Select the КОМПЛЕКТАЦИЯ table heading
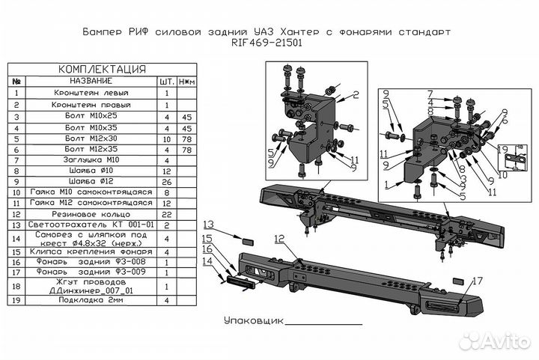click(102, 69)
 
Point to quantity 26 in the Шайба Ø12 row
click(165, 181)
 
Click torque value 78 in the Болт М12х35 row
click(186, 150)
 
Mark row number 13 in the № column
click(16, 225)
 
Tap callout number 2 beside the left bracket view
click(356, 94)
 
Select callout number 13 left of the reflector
click(208, 225)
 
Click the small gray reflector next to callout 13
click(248, 241)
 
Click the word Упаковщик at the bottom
click(254, 320)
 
